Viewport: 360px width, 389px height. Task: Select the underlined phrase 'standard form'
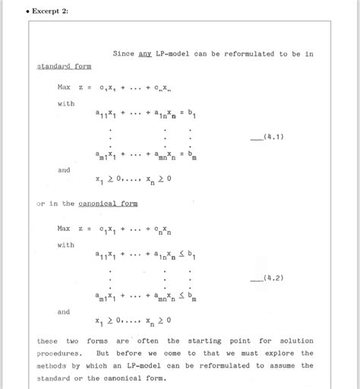point(59,66)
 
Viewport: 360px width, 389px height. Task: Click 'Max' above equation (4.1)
point(64,87)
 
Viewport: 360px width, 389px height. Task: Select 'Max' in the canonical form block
point(64,228)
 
